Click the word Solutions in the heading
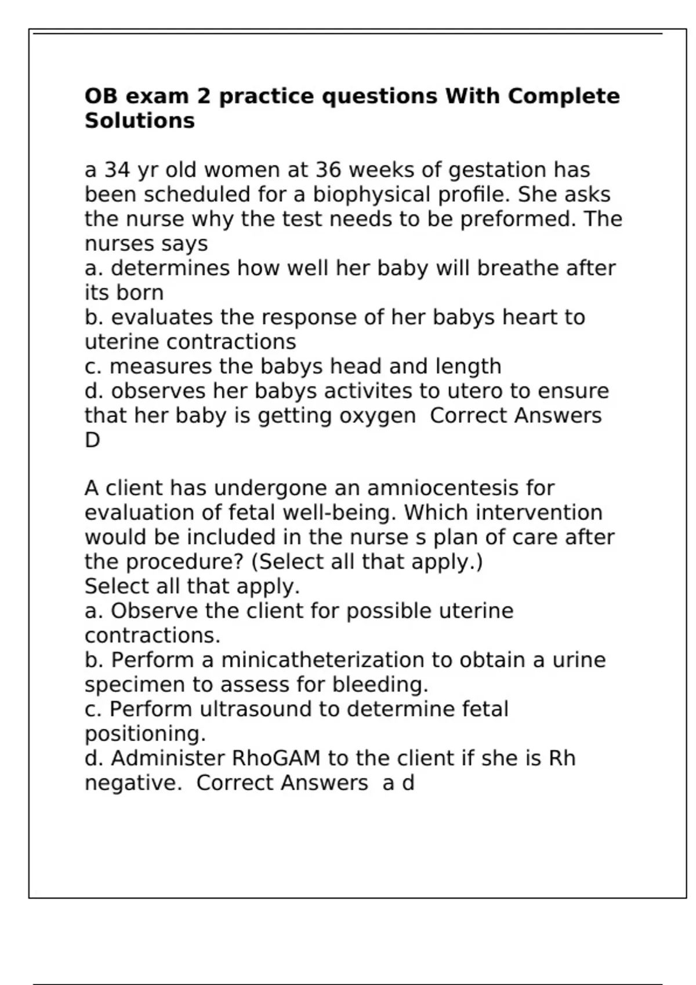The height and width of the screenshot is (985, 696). tap(139, 121)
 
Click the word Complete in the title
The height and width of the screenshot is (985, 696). tap(563, 96)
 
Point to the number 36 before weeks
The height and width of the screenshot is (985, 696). tap(328, 170)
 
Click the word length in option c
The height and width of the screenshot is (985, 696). tap(470, 366)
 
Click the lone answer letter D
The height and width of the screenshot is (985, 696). tap(92, 440)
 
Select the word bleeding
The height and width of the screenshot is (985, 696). tap(380, 685)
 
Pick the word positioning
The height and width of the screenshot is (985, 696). tap(145, 734)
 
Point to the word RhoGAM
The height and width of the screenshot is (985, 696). tap(276, 758)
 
